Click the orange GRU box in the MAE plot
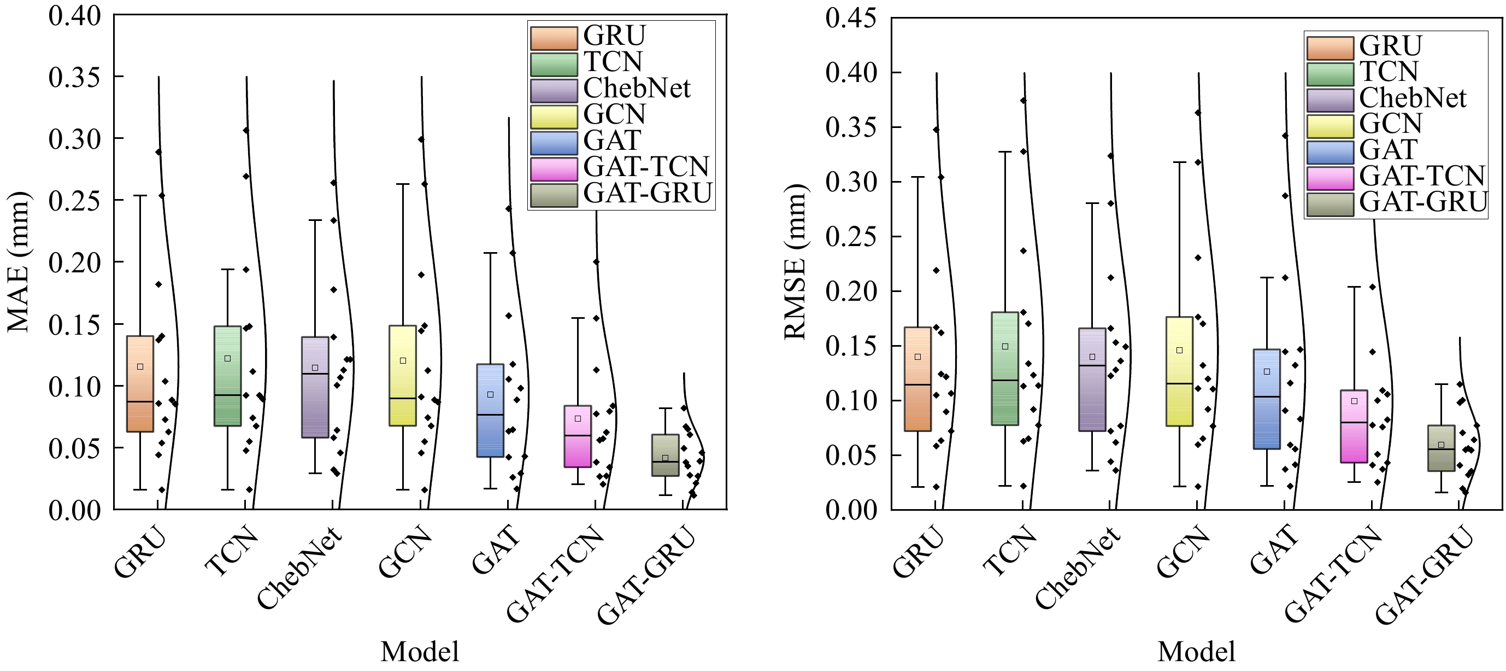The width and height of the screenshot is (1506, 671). [140, 384]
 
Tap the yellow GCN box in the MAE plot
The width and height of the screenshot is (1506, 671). [403, 376]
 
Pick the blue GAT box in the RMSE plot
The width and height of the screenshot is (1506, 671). [1267, 399]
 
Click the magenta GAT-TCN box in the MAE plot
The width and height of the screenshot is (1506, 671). [578, 436]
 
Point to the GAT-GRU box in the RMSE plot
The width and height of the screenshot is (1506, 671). [1441, 448]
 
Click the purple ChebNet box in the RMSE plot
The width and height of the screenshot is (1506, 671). [1092, 380]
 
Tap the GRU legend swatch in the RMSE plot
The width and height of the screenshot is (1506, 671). [1330, 48]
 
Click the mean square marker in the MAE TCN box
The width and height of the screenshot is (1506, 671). [228, 359]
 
